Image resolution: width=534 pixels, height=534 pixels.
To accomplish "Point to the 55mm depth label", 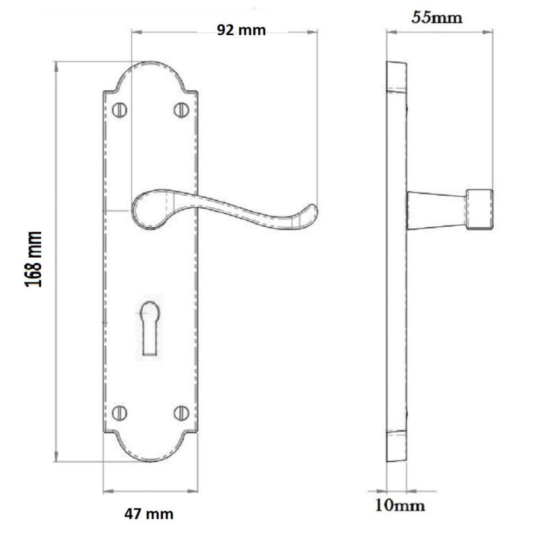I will pyautogui.click(x=437, y=17).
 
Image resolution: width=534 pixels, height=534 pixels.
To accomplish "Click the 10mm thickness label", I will pyautogui.click(x=399, y=506).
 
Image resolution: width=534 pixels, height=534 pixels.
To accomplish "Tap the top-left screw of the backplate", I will pyautogui.click(x=119, y=110).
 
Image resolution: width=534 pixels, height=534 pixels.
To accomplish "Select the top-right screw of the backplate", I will pyautogui.click(x=181, y=110).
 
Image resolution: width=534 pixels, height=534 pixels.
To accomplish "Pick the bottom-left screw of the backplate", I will pyautogui.click(x=119, y=413).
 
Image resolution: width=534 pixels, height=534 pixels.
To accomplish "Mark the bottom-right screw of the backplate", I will pyautogui.click(x=181, y=413).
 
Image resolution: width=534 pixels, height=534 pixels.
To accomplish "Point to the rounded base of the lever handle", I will pyautogui.click(x=145, y=209).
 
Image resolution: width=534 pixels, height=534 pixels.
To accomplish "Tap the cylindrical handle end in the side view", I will pyautogui.click(x=480, y=209).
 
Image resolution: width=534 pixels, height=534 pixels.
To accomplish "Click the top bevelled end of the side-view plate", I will pyautogui.click(x=396, y=76).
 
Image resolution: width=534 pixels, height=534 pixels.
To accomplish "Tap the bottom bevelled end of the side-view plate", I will pyautogui.click(x=396, y=446).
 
